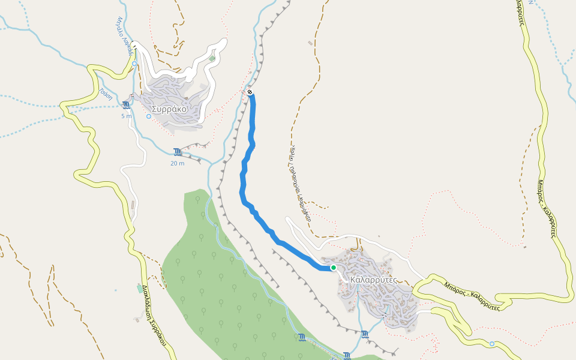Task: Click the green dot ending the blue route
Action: [333, 268]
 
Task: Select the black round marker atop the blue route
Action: [249, 92]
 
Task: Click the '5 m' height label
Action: [126, 116]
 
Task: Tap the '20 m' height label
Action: [177, 163]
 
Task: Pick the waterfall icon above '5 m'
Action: [125, 106]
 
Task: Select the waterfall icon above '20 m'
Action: [177, 152]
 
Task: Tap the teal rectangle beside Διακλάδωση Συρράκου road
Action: [140, 289]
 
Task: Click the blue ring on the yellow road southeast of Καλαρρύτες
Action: [492, 344]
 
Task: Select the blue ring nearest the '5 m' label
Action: [149, 116]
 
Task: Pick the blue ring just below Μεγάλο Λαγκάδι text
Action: [134, 63]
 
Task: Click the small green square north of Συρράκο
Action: [212, 59]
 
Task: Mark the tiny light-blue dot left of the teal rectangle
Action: [116, 290]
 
